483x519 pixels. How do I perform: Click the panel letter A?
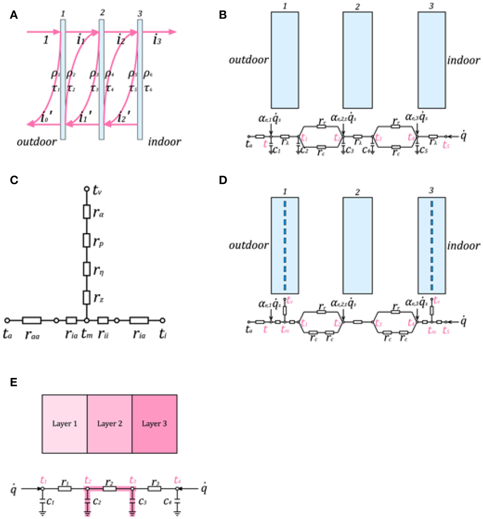(x=14, y=15)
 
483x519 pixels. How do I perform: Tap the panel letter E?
(x=14, y=382)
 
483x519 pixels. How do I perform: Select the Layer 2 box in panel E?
(x=109, y=424)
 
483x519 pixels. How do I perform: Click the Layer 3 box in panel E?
(x=154, y=424)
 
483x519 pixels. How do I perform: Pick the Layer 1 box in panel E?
(x=65, y=424)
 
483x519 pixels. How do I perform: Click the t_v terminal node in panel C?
(x=87, y=189)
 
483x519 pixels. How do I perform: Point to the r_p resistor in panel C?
(x=87, y=240)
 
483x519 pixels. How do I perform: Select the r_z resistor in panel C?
(x=87, y=297)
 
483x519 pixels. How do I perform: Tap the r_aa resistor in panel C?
(x=31, y=320)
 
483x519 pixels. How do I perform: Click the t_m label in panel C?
(x=87, y=334)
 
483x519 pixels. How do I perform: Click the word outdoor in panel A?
(x=37, y=142)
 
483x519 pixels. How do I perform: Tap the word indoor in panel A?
(x=164, y=142)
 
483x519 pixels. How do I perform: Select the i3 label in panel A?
(x=157, y=40)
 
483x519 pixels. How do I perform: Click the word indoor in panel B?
(x=463, y=60)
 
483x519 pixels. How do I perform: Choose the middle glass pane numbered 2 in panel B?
(x=357, y=60)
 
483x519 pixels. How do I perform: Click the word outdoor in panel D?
(x=248, y=245)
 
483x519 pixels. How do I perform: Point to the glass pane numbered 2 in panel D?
(x=357, y=245)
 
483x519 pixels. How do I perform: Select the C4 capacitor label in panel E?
(x=167, y=502)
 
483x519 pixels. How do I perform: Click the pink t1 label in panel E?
(x=43, y=480)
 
